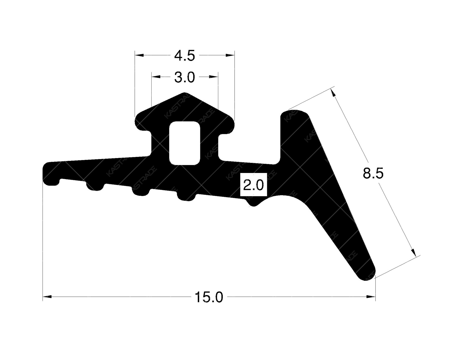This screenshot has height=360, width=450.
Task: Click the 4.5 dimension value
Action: (184, 56)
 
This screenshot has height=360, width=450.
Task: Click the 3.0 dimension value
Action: (184, 77)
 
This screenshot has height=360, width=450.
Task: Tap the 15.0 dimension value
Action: (209, 297)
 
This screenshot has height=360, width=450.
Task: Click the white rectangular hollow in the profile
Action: (184, 143)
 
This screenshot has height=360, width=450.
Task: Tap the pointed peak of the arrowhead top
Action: (184, 93)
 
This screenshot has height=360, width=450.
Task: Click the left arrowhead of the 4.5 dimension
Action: (139, 55)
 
